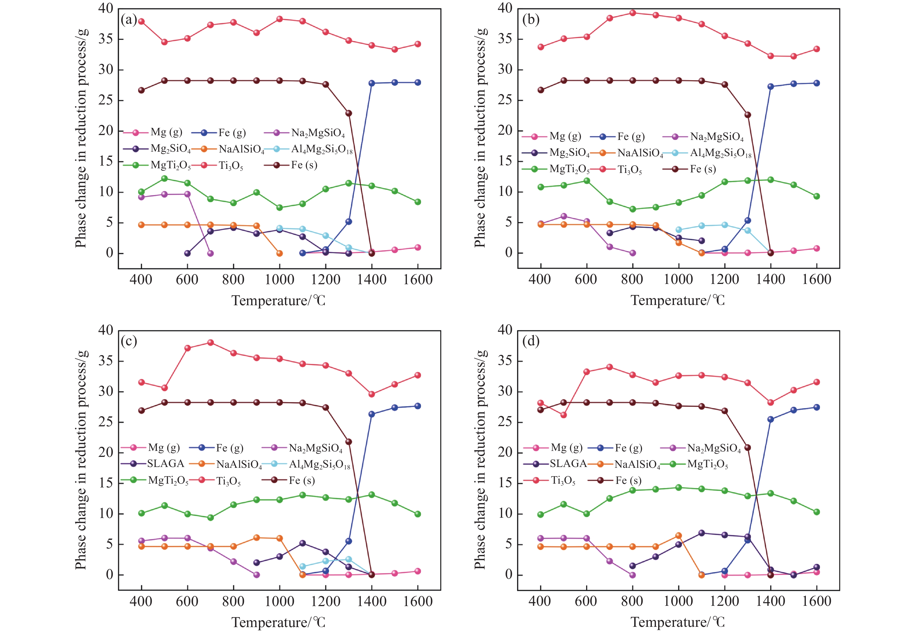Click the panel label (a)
pyautogui.click(x=129, y=19)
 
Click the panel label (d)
pyautogui.click(x=531, y=341)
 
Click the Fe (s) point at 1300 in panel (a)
pyautogui.click(x=348, y=113)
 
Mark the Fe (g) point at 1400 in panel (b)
pyautogui.click(x=770, y=86)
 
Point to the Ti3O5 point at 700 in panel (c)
pyautogui.click(x=210, y=343)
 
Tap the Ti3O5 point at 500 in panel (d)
pyautogui.click(x=563, y=415)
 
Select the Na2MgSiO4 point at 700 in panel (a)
pyautogui.click(x=210, y=253)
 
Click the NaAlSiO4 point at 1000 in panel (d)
pyautogui.click(x=679, y=535)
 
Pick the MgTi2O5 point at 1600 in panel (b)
pyautogui.click(x=816, y=196)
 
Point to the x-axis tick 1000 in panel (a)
pyautogui.click(x=279, y=280)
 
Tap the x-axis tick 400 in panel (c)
pyautogui.click(x=141, y=601)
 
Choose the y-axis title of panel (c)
pyautogui.click(x=81, y=459)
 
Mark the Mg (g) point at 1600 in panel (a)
pyautogui.click(x=417, y=247)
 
